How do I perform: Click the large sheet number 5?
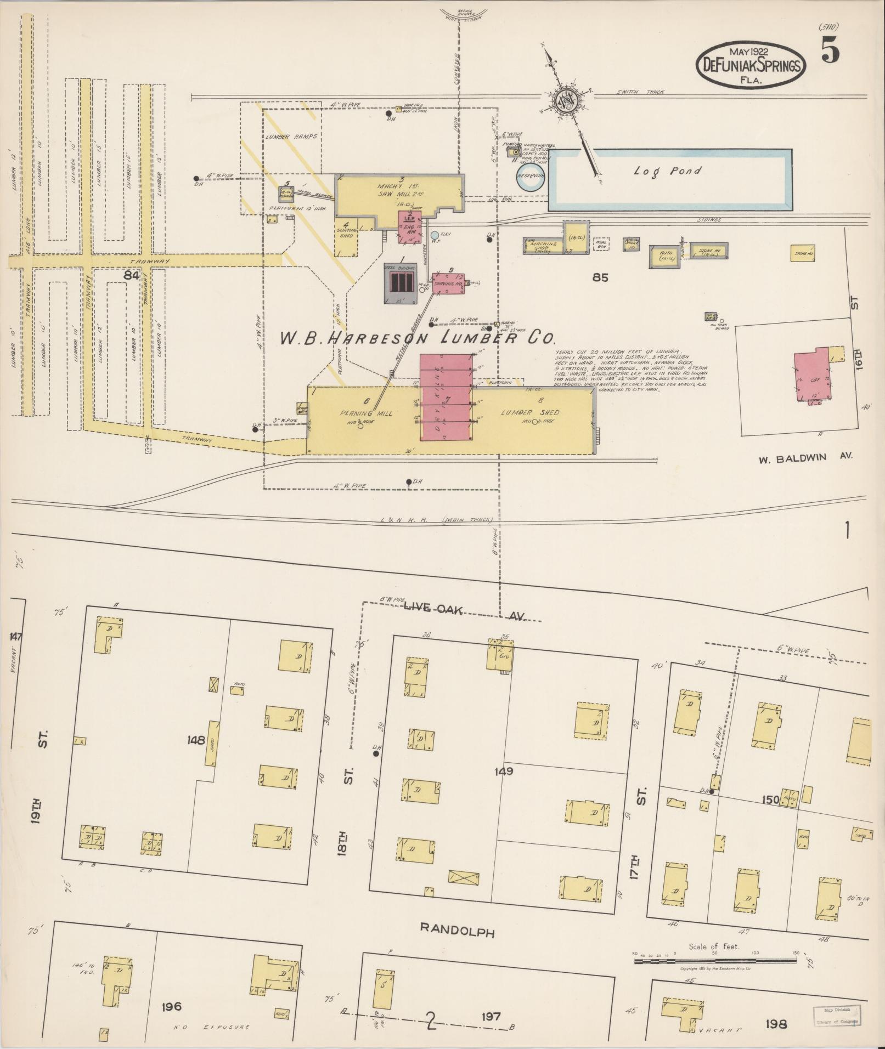point(830,52)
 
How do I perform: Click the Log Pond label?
point(667,171)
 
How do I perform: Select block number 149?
point(503,771)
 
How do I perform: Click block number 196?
point(172,1006)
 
